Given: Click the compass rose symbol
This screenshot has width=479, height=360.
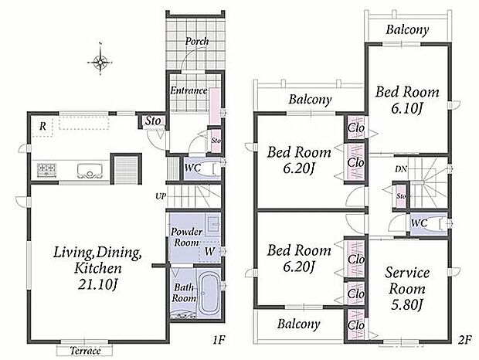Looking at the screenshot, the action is pos(100,61).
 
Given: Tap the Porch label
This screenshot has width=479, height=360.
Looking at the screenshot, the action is pos(197,41).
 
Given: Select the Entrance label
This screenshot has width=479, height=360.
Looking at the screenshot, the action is pos(189,90).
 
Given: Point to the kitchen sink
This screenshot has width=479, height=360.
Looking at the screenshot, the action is pos(90,171).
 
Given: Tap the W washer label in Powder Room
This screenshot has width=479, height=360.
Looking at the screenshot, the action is pos(209,251).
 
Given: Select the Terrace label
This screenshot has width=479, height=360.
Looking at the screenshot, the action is pos(85,351).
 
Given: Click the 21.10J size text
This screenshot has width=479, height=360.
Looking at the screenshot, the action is pos(98,284).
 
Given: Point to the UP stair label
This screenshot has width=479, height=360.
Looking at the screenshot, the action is pos(161,196).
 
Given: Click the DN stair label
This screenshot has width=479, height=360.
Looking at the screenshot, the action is pos(400,168).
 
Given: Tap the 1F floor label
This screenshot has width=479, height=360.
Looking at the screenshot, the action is pos(219,340).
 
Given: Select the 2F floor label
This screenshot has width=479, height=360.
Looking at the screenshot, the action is pos(465,340).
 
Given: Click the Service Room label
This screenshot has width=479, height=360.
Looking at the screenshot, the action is pos(407,280).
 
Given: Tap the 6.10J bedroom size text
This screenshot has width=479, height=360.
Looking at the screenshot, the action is pos(406,109).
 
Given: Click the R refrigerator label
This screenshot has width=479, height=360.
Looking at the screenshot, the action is pos(42,126).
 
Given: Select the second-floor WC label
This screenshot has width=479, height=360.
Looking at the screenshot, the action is pos(419,223).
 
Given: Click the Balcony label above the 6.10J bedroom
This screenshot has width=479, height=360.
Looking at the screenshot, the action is pos(407,29).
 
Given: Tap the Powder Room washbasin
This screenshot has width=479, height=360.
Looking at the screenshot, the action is pos(213,224).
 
